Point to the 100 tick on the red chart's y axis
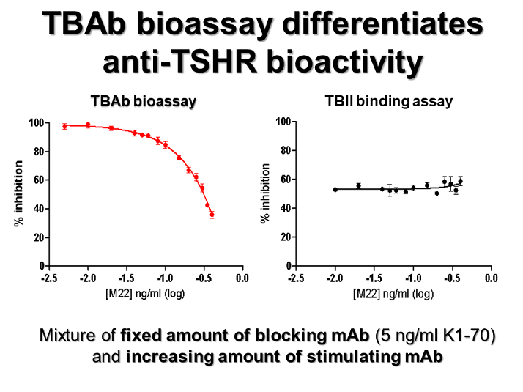[34, 122]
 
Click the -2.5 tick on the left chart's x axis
[49, 278]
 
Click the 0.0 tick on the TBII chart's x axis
[492, 278]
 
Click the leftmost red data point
[64, 126]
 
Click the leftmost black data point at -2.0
[335, 190]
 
